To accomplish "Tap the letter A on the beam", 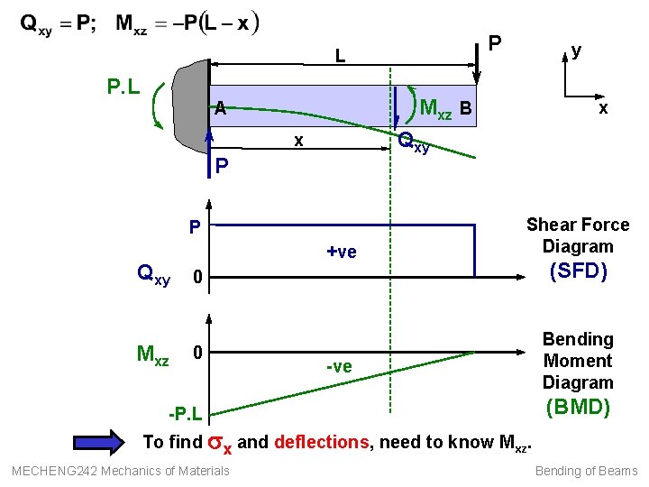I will tap(219, 109).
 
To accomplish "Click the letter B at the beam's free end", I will tap(465, 109).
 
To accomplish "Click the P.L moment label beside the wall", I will tap(123, 87).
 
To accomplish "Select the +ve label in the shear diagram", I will tap(342, 253).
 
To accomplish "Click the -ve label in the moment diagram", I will tap(340, 366).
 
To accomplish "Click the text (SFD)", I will tap(579, 271).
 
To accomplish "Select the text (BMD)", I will tap(578, 407).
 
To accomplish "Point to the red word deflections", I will tap(320, 442).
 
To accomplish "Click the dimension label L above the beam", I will tap(340, 56).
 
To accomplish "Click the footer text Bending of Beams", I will tap(586, 471).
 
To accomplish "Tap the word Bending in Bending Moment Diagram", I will tap(578, 339).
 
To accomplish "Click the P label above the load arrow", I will tap(494, 42).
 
